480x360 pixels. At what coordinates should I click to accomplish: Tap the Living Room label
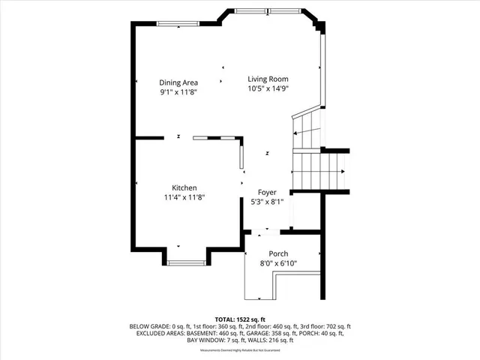(x=268, y=79)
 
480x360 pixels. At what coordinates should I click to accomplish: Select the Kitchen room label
(x=184, y=187)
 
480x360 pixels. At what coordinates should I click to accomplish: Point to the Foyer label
(x=267, y=192)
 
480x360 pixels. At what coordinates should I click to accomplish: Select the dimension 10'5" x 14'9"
(x=268, y=88)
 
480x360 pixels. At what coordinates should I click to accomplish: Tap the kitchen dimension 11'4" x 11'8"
(x=184, y=197)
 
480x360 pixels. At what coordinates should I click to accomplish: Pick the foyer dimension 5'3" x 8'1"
(x=267, y=202)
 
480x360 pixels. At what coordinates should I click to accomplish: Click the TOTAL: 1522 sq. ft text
(x=240, y=319)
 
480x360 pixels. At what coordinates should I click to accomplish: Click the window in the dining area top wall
(x=178, y=23)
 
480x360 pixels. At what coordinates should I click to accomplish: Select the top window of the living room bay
(x=256, y=11)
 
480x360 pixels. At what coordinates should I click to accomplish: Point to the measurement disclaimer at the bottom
(x=240, y=350)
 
